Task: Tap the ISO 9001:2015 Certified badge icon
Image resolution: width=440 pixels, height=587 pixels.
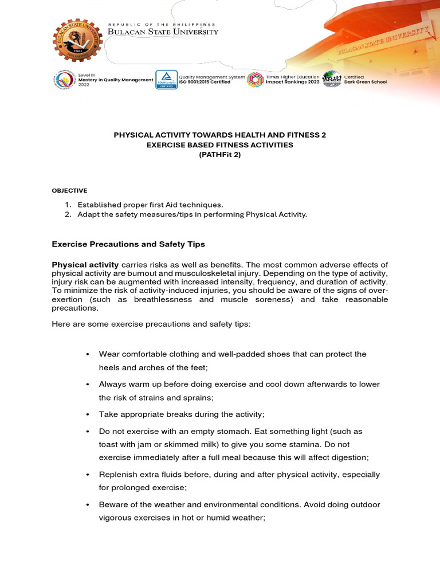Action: (x=166, y=80)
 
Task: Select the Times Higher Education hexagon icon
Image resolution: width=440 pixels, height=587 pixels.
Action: (x=255, y=80)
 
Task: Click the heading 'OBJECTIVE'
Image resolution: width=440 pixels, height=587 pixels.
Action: (x=69, y=190)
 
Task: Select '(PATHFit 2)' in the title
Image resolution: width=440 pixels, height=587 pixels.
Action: (x=219, y=155)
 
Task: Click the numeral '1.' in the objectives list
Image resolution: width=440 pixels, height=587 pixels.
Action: (x=68, y=205)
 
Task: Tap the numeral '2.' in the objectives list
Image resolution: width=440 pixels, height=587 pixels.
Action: (x=68, y=214)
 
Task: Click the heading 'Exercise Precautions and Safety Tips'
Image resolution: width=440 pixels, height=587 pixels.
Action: (x=128, y=244)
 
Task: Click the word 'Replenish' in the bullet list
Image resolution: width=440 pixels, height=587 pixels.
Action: (x=118, y=475)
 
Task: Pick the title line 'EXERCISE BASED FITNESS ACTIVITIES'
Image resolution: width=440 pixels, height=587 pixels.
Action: (x=219, y=145)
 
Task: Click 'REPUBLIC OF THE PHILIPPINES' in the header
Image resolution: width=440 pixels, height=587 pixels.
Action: (x=162, y=25)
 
